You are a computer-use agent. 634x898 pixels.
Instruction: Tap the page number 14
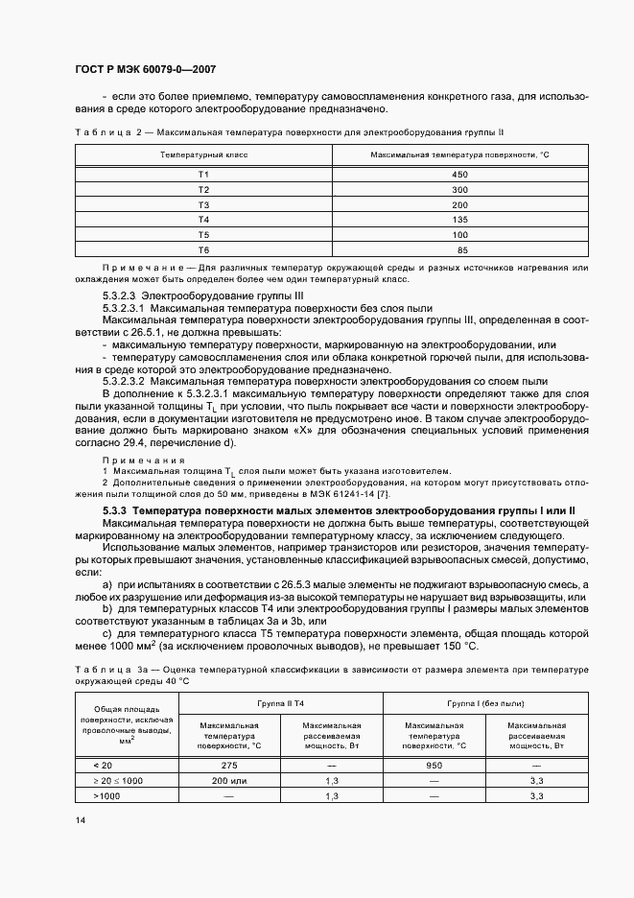pos(80,821)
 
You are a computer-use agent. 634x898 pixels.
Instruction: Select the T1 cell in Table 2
pos(203,174)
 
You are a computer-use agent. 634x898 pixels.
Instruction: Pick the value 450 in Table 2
pos(460,174)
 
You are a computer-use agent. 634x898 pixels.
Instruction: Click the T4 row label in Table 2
pos(203,220)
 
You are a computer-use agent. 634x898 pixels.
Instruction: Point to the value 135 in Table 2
pos(460,220)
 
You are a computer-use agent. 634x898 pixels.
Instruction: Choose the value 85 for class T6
pos(462,250)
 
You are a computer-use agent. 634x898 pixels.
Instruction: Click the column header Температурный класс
pos(203,154)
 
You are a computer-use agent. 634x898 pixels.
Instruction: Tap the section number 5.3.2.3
pos(120,297)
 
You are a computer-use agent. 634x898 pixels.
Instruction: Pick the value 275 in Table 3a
pos(228,766)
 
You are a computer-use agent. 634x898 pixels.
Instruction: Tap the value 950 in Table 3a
pos(434,766)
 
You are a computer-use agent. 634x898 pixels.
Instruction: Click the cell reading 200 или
pos(228,781)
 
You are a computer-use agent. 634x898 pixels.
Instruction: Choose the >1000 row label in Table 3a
pos(106,796)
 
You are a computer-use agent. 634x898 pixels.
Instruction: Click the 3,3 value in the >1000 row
pos(536,796)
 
